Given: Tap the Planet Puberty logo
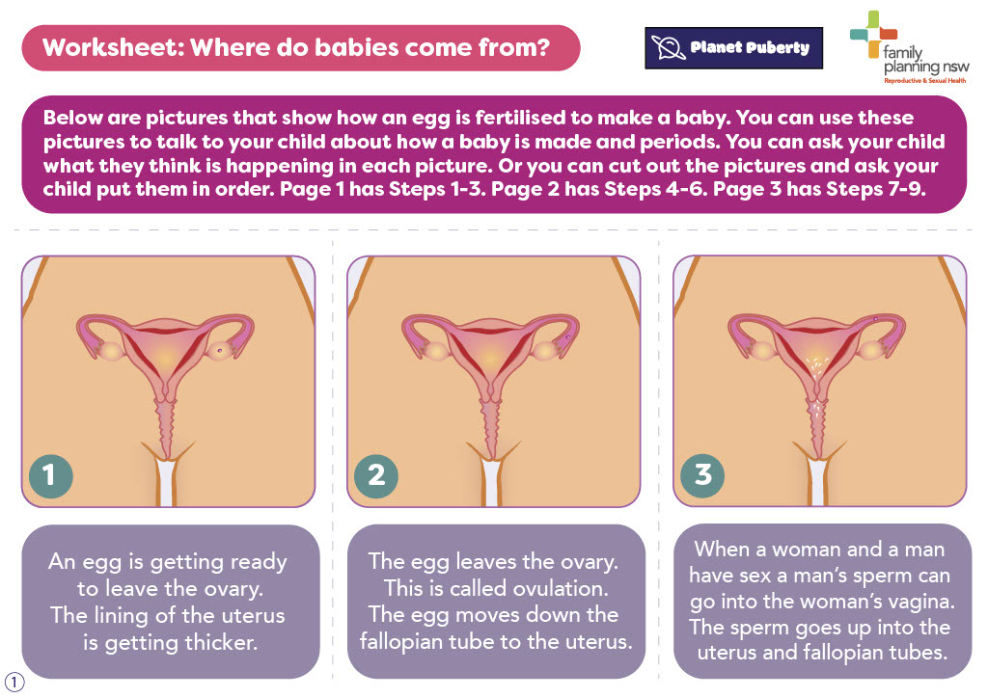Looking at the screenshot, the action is tap(734, 48).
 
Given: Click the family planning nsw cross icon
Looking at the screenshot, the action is tap(873, 35).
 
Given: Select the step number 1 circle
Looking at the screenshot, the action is tap(50, 476).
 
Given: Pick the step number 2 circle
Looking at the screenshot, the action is tap(376, 476).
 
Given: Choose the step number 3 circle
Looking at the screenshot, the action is tap(702, 476).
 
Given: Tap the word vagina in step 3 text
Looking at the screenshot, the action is tap(921, 603).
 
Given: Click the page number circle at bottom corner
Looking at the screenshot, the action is tap(14, 683).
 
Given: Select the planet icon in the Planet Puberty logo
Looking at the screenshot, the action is tap(668, 48).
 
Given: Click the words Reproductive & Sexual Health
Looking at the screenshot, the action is tap(925, 81).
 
